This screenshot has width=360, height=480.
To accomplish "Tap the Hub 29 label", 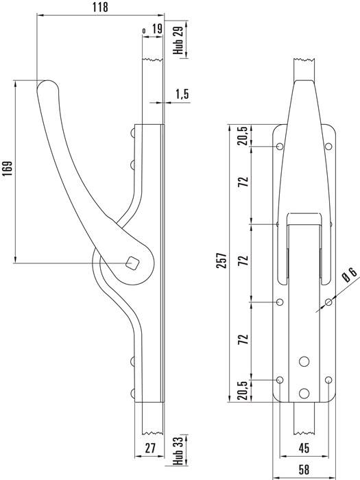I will (178, 41).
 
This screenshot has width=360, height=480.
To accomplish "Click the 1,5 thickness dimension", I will (182, 94).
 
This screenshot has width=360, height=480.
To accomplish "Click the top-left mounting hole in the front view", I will (279, 147).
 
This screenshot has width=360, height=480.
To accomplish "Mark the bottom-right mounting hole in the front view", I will (329, 380).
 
